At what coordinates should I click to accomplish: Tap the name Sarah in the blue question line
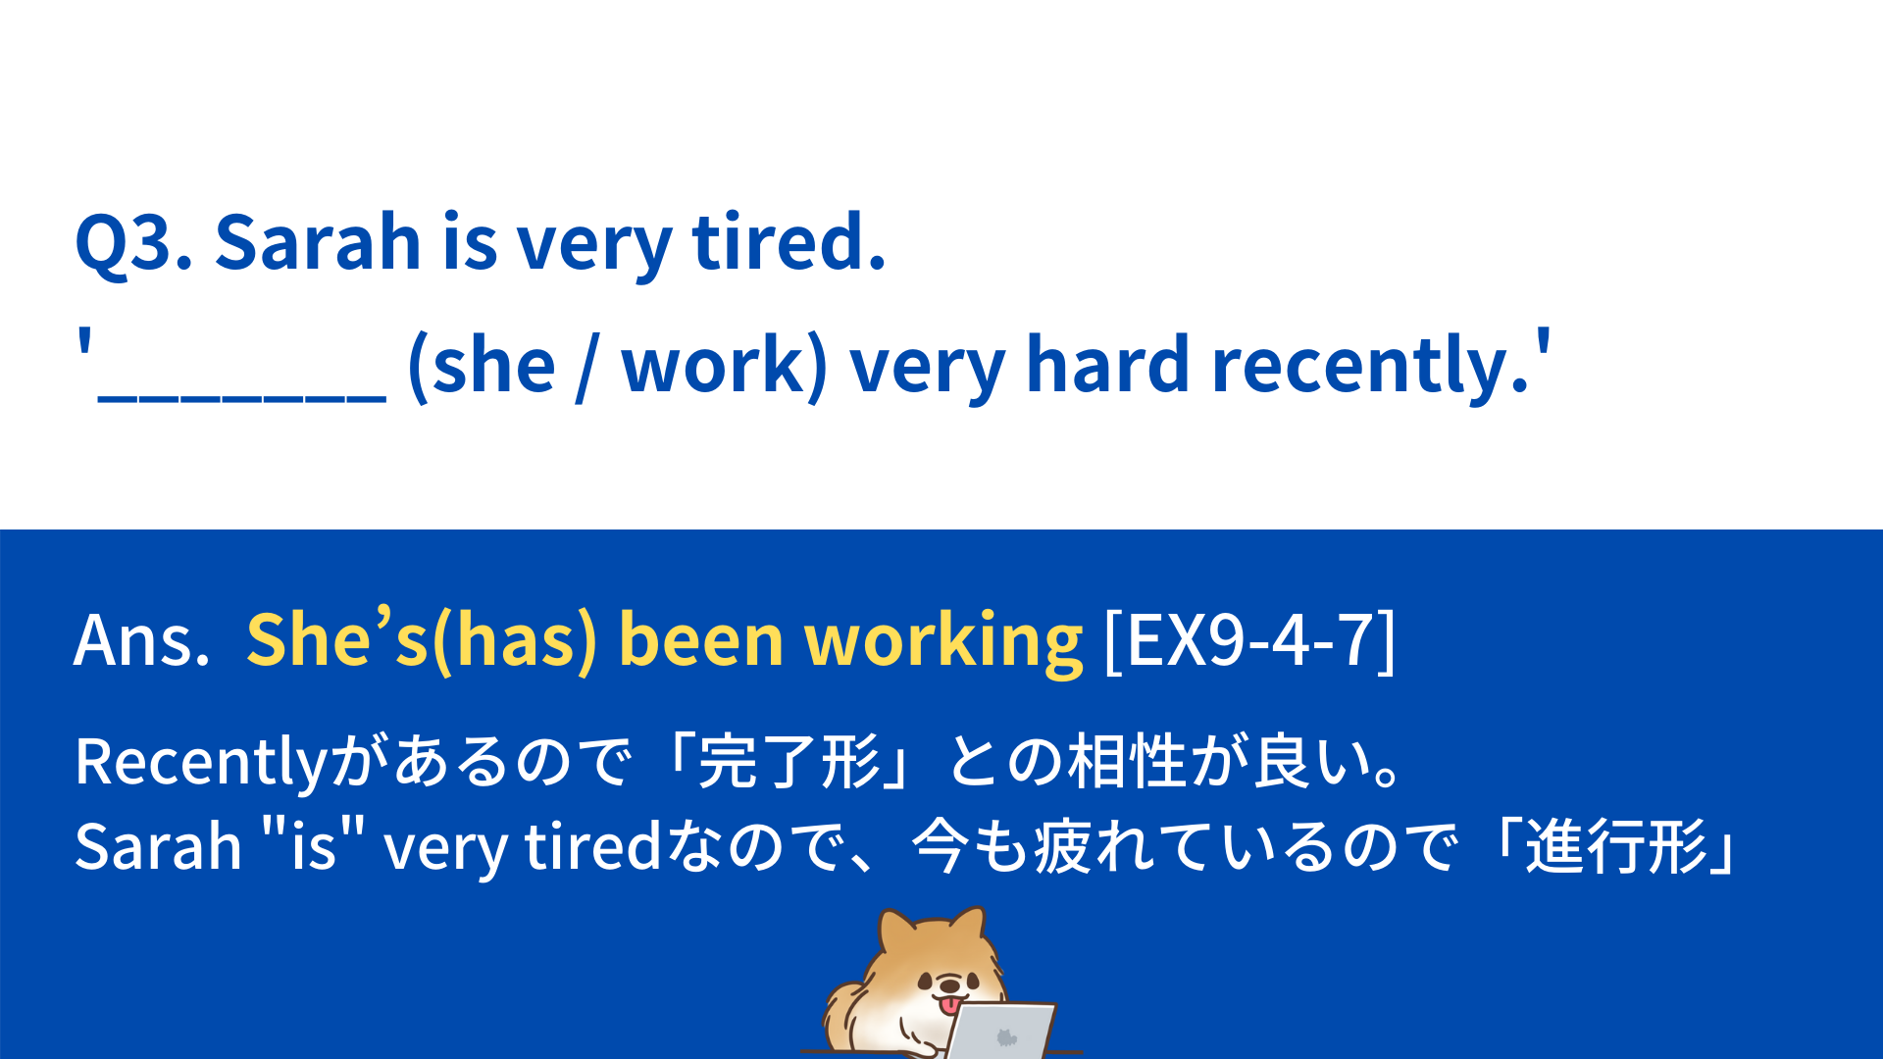tap(318, 241)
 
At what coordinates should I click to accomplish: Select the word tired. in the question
tap(789, 241)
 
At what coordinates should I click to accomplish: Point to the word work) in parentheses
tap(725, 365)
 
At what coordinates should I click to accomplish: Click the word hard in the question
tap(1108, 364)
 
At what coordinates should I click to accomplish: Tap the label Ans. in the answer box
tap(142, 640)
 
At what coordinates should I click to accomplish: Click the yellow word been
tap(701, 639)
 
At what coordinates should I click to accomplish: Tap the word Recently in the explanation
tap(201, 763)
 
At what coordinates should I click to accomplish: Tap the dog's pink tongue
tap(949, 1006)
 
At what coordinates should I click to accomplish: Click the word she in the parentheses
tap(494, 365)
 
